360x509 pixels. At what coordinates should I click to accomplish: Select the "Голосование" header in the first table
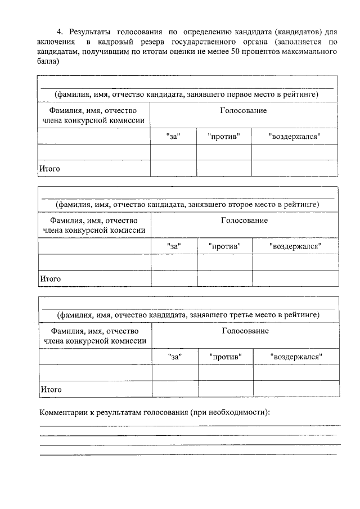pyautogui.click(x=243, y=111)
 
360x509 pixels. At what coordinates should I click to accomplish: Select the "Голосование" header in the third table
pyautogui.click(x=245, y=331)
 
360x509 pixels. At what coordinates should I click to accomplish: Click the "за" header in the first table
pyautogui.click(x=173, y=137)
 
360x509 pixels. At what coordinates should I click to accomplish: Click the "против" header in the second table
pyautogui.click(x=224, y=246)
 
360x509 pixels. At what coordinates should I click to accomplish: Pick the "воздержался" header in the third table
pyautogui.click(x=296, y=357)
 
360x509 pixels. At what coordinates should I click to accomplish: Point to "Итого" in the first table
pyautogui.click(x=49, y=168)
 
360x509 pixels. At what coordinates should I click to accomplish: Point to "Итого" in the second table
pyautogui.click(x=50, y=278)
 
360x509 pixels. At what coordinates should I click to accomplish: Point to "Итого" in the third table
pyautogui.click(x=51, y=389)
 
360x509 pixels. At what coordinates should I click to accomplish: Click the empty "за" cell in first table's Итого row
pyautogui.click(x=173, y=168)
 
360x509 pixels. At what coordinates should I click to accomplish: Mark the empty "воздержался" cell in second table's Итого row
pyautogui.click(x=295, y=278)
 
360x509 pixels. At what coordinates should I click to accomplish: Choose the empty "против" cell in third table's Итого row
pyautogui.click(x=225, y=389)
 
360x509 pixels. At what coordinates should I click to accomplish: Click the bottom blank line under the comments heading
pyautogui.click(x=188, y=453)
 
